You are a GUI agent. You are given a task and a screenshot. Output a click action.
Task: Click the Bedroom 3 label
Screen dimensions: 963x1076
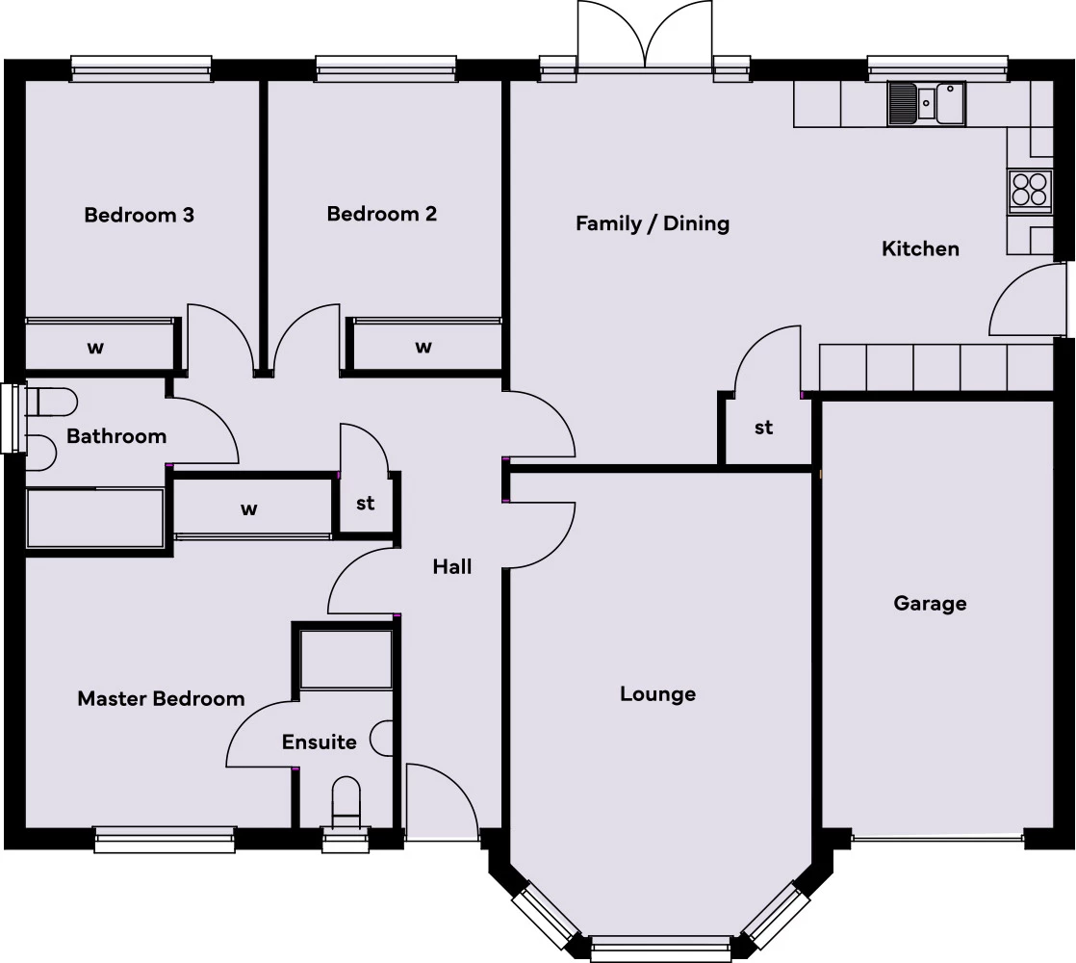pyautogui.click(x=140, y=215)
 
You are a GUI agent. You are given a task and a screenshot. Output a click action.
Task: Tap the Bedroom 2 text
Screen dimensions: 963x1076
pyautogui.click(x=382, y=214)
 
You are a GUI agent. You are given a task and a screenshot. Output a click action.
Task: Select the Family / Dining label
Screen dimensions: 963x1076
pyautogui.click(x=653, y=223)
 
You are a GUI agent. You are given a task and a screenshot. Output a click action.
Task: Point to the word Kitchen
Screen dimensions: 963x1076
pyautogui.click(x=920, y=248)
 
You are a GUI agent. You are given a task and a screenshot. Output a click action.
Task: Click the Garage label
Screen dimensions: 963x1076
pyautogui.click(x=930, y=604)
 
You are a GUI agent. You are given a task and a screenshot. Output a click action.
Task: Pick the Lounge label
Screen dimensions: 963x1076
pyautogui.click(x=657, y=694)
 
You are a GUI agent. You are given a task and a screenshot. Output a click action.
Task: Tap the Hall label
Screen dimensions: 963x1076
pyautogui.click(x=451, y=567)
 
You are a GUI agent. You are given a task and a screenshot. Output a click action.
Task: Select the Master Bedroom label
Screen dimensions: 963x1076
pyautogui.click(x=161, y=699)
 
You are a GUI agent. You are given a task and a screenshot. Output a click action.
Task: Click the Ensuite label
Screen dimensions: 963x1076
pyautogui.click(x=319, y=742)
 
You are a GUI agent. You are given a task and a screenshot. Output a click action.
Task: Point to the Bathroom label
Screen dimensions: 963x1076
pyautogui.click(x=116, y=436)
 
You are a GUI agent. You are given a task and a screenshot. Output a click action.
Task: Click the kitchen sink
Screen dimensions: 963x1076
pyautogui.click(x=926, y=103)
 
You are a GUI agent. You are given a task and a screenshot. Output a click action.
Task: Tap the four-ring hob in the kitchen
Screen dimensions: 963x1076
pyautogui.click(x=1029, y=190)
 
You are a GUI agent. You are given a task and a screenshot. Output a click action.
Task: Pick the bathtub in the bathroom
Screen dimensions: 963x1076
pyautogui.click(x=95, y=518)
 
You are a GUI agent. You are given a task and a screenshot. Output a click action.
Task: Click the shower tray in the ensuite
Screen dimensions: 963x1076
pyautogui.click(x=346, y=660)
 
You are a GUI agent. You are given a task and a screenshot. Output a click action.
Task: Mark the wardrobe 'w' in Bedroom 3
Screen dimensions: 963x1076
pyautogui.click(x=96, y=347)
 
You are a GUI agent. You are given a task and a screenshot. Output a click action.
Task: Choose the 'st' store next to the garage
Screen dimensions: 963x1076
pyautogui.click(x=763, y=428)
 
